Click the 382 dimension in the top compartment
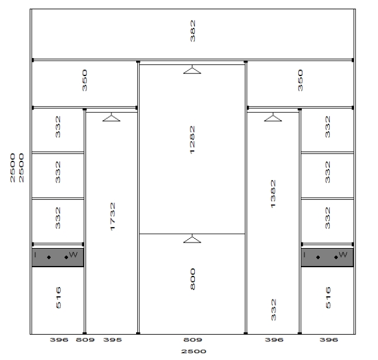[192, 31]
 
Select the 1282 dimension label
[192, 140]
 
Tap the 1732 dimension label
[113, 216]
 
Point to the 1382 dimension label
[273, 194]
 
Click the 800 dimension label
[192, 279]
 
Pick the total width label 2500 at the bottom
[194, 351]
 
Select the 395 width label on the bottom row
[113, 340]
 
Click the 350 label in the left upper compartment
[84, 80]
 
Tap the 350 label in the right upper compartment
[300, 80]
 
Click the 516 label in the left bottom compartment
[58, 298]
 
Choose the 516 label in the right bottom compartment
[328, 298]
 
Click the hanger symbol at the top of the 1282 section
[192, 69]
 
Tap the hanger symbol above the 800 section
[192, 239]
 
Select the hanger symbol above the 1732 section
[111, 117]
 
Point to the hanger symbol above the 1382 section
[273, 117]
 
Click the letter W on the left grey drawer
[73, 254]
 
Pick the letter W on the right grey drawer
[343, 254]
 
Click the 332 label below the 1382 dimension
[273, 310]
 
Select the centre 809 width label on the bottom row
[192, 340]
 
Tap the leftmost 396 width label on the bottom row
[59, 340]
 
